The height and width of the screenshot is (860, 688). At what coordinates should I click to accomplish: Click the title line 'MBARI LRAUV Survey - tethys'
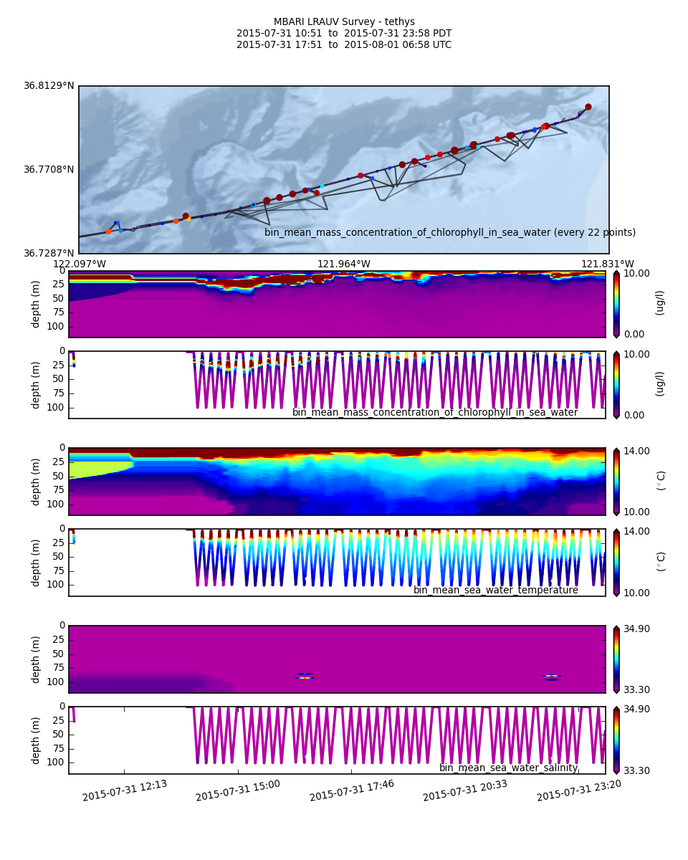(344, 22)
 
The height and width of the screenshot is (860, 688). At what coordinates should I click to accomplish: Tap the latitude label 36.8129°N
(49, 86)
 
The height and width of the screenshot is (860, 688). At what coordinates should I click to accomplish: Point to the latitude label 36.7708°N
(49, 170)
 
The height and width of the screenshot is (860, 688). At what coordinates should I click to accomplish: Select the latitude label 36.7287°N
(49, 253)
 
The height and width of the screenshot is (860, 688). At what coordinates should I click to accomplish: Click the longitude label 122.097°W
(79, 264)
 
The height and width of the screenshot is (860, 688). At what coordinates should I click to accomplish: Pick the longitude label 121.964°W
(344, 264)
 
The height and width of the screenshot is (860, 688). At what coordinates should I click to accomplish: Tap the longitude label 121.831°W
(608, 264)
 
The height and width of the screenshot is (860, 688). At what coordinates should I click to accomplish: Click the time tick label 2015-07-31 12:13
(125, 790)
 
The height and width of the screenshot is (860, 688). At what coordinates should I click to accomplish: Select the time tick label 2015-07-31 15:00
(238, 790)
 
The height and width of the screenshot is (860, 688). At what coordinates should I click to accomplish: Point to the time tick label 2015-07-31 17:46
(352, 790)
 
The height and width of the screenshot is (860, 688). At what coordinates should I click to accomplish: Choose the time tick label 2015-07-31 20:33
(465, 790)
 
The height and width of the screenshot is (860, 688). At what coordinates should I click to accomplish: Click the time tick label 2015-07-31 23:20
(579, 790)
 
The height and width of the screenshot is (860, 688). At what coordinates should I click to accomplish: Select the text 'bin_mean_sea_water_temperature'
(496, 591)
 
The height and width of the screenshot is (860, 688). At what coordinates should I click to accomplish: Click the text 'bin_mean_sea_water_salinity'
(509, 768)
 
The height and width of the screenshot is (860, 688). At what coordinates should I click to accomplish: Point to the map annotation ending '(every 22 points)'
(450, 233)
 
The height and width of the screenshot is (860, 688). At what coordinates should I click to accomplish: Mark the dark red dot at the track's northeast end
(588, 107)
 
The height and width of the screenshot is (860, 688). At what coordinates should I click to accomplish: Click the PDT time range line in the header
(344, 34)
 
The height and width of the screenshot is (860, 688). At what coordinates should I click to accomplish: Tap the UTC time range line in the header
(344, 45)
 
